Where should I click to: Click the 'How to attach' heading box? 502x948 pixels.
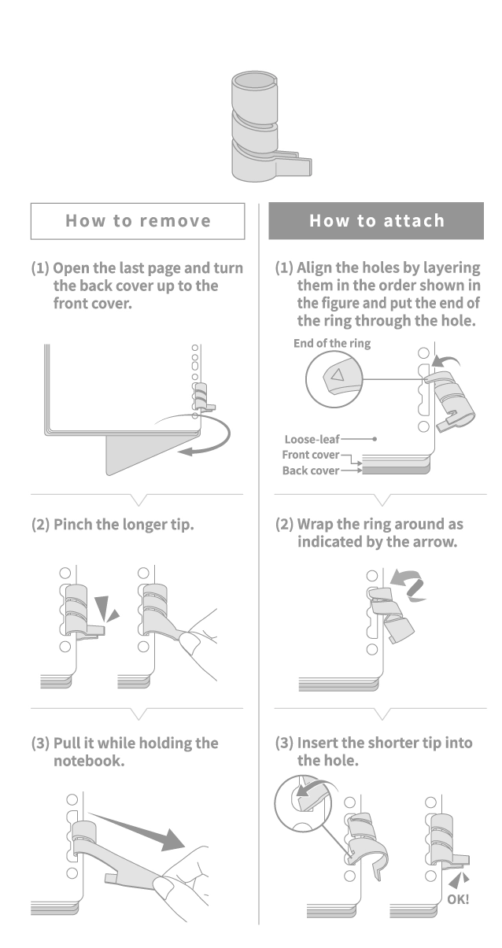376,221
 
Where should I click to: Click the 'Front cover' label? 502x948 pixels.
311,455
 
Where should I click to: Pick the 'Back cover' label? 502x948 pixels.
312,470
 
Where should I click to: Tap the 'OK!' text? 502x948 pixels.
458,898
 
